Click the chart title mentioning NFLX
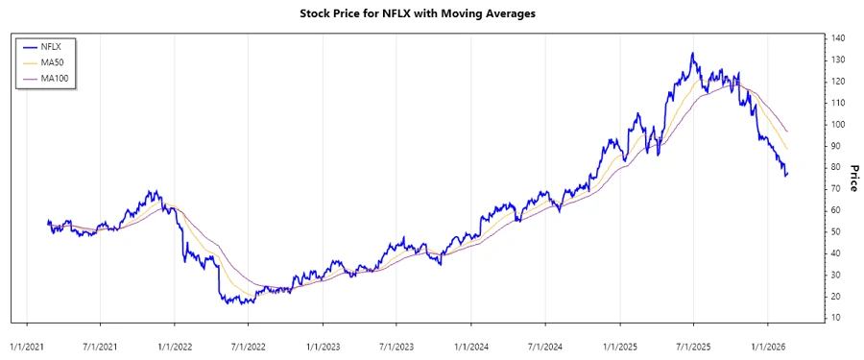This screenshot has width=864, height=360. pos(431,14)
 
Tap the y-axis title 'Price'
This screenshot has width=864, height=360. pos(851,178)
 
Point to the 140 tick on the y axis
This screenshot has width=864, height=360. pos(838,38)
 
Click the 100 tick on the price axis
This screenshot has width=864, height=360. pos(838,124)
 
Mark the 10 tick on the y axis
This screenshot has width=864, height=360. pos(836,318)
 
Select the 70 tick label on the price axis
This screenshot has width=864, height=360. pos(836,188)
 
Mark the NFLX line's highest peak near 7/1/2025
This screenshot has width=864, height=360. pos(692,54)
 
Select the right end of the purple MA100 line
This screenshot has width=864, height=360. pos(788,132)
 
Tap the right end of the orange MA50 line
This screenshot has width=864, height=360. pos(788,150)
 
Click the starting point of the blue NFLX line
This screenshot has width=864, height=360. pos(48,222)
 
